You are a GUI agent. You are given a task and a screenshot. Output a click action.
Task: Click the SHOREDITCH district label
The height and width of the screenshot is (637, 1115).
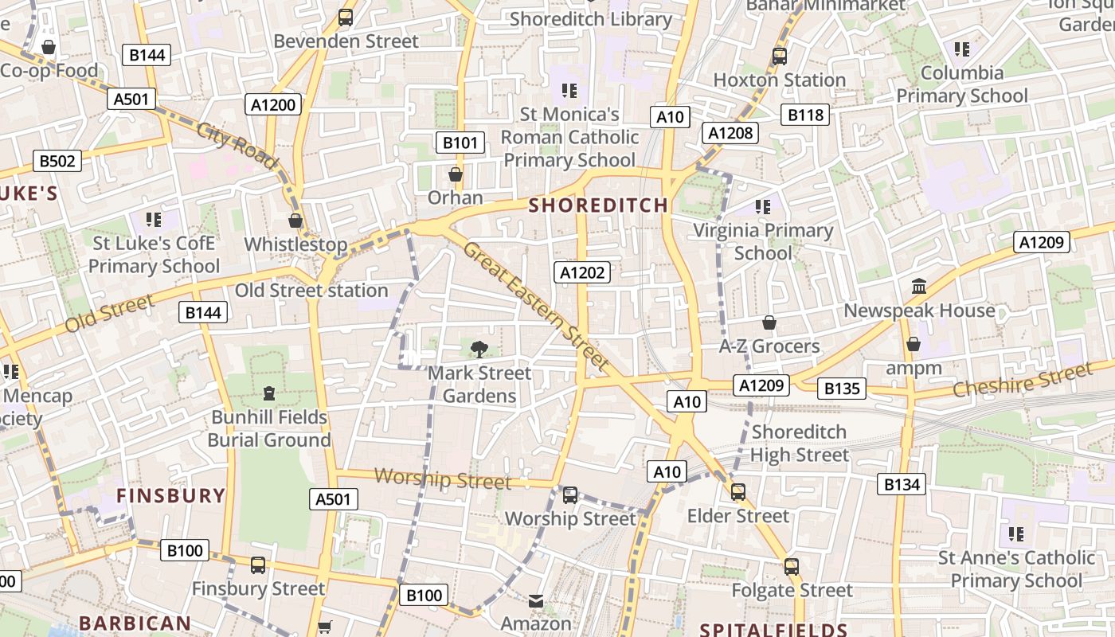[598, 205]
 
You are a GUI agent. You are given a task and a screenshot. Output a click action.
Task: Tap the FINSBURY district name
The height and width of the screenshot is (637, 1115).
[171, 496]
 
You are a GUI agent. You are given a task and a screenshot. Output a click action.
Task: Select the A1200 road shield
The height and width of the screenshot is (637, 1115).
[273, 104]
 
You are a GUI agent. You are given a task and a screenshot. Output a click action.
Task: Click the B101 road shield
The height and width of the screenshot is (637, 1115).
[460, 143]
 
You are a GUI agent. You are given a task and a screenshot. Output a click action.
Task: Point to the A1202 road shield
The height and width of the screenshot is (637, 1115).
[582, 273]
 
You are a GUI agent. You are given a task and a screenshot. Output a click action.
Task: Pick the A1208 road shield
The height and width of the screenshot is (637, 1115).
[730, 133]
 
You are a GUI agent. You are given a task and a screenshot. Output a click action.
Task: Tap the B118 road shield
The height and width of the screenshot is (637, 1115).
[805, 115]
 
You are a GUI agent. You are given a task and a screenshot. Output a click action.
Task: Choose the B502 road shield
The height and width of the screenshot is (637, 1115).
[57, 162]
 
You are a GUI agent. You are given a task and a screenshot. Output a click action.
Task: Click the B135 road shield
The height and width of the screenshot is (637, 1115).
[843, 389]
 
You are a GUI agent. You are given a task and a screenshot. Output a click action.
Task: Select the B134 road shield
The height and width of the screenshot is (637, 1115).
[902, 483]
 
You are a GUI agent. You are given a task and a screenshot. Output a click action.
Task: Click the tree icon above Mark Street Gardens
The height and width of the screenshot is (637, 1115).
[479, 349]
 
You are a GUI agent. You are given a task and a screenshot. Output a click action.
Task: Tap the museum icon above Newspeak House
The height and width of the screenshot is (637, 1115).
[919, 286]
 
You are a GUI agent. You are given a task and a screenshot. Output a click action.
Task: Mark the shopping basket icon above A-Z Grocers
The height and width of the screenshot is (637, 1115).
[769, 322]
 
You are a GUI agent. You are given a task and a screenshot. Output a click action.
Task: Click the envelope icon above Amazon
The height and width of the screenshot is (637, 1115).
[536, 601]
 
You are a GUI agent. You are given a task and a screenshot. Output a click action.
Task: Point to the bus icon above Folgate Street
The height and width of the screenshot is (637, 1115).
[791, 567]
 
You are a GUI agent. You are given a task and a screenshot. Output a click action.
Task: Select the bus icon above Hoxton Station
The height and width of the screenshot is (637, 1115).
[779, 57]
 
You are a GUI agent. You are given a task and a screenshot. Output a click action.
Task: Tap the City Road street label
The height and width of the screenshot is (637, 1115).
[237, 147]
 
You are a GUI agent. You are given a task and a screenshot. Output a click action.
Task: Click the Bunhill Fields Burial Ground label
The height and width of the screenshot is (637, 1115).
[269, 428]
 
